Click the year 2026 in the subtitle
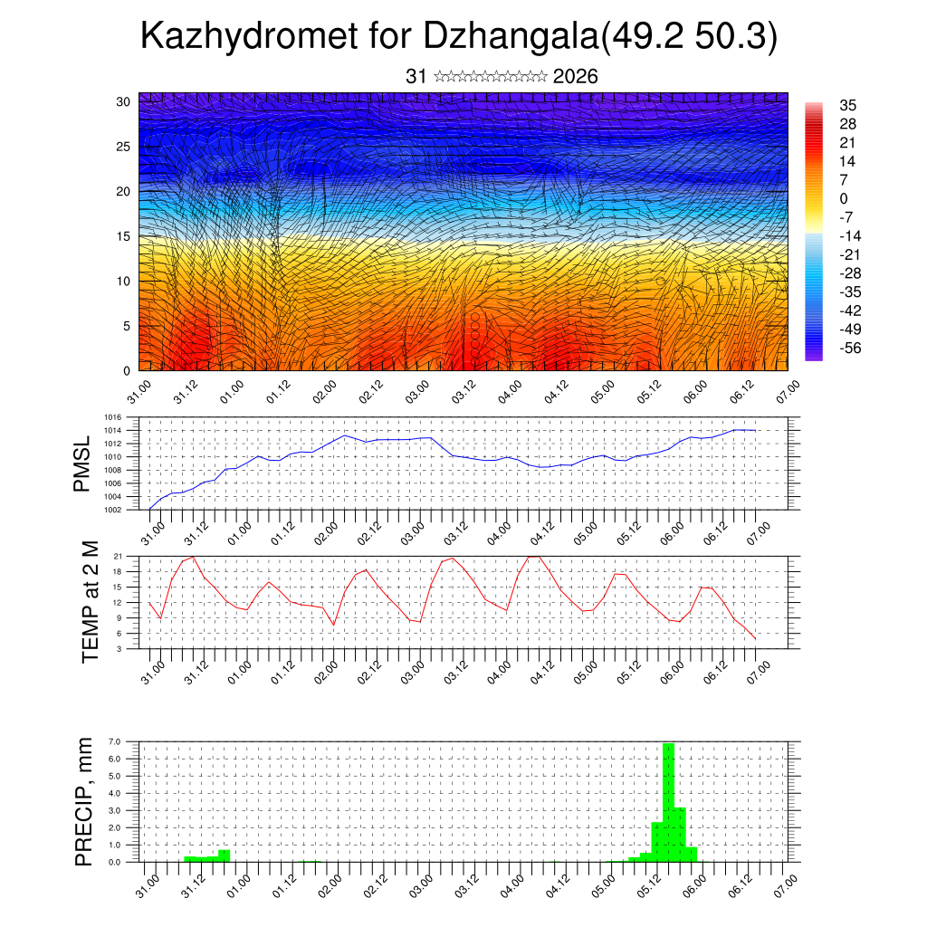click(x=575, y=77)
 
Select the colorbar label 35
click(x=847, y=105)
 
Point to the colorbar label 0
click(x=844, y=198)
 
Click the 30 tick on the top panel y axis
click(x=123, y=101)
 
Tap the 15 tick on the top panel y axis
click(x=123, y=236)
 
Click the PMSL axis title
click(x=82, y=465)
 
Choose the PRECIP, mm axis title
click(x=84, y=801)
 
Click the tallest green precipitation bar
click(x=669, y=801)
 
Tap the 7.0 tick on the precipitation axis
click(x=115, y=741)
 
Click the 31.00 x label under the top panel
click(x=138, y=394)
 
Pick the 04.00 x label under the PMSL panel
click(x=498, y=531)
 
